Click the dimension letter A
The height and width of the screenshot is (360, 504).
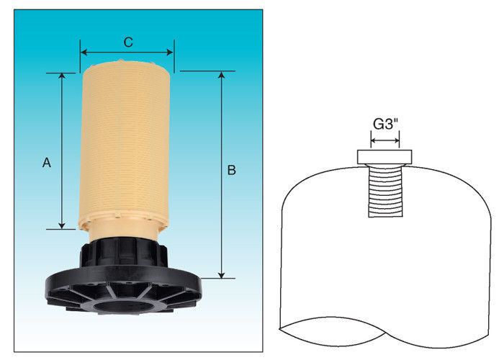tap(47, 163)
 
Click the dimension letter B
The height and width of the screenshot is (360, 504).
tap(231, 170)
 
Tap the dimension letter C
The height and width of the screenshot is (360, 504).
tap(128, 42)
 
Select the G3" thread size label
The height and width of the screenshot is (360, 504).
tap(385, 124)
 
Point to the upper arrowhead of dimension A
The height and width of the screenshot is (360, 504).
tap(62, 76)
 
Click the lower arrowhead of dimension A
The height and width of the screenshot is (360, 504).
tap(62, 226)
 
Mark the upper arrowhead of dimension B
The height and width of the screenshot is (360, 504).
tap(222, 74)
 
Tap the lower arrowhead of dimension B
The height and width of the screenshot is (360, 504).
tap(222, 275)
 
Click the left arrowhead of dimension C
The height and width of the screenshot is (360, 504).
tap(84, 53)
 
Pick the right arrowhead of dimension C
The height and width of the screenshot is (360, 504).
tap(170, 53)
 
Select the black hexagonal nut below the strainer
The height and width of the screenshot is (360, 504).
tap(124, 253)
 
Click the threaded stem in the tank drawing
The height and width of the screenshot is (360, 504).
tap(385, 191)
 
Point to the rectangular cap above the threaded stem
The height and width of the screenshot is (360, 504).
tap(384, 157)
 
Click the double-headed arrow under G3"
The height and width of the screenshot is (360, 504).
tap(385, 140)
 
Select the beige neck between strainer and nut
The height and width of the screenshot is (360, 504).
tap(124, 230)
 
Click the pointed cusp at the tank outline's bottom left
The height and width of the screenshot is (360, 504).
tap(279, 328)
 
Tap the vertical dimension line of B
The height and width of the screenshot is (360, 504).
tap(222, 174)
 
